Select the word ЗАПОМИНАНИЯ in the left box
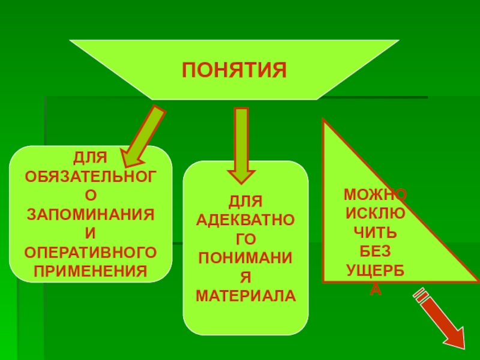(90, 214)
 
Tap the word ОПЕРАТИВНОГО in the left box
(90, 250)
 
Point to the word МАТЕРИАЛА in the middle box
(246, 296)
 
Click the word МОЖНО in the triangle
(375, 194)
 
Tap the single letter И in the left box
(90, 232)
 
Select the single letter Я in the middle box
(246, 277)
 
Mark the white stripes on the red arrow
(421, 294)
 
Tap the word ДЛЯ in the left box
(90, 158)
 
